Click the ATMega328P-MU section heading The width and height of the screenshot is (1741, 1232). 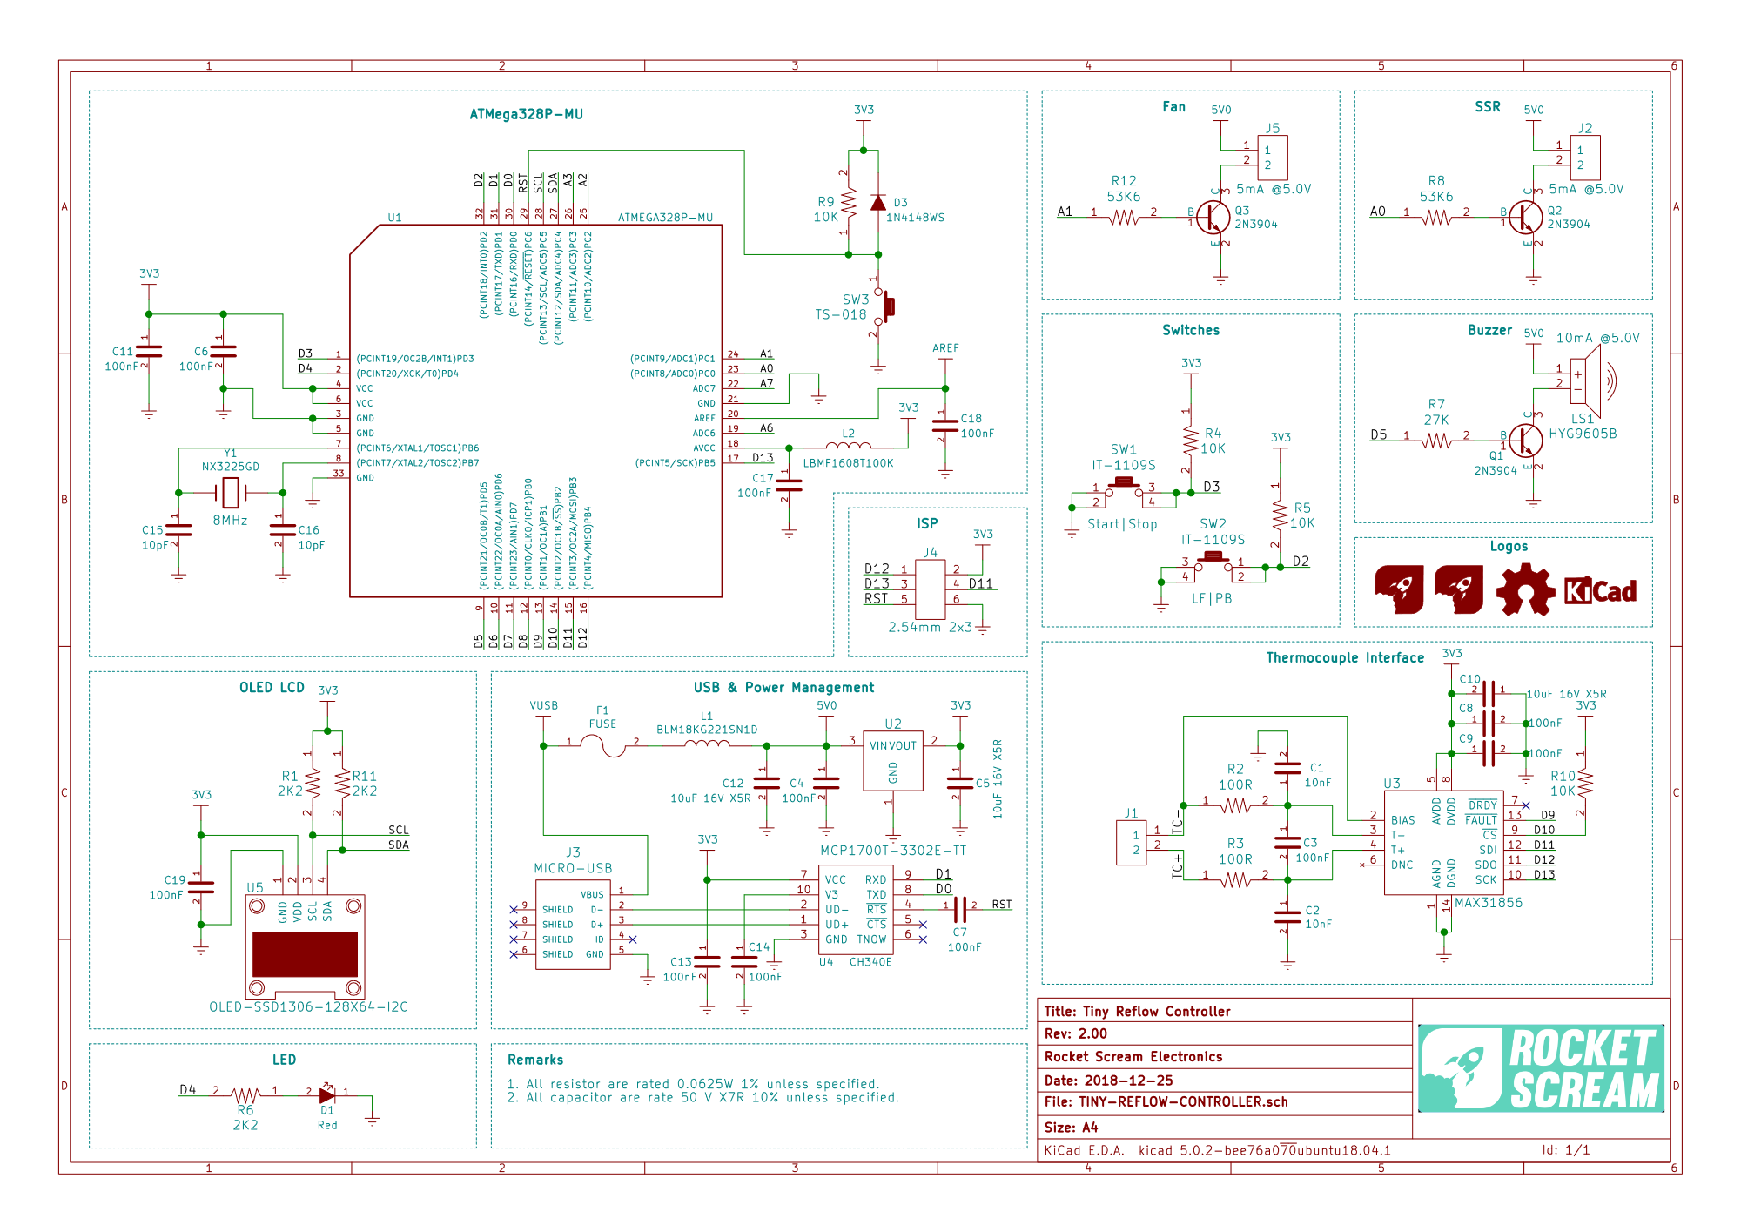click(526, 114)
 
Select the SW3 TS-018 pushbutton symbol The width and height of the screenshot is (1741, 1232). click(884, 306)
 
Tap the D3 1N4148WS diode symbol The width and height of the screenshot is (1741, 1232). click(878, 203)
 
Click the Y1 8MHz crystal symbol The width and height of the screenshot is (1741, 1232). click(230, 493)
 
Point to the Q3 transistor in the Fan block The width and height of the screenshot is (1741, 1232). click(1212, 217)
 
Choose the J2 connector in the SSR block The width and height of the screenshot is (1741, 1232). click(1584, 158)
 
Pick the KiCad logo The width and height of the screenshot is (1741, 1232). click(1600, 591)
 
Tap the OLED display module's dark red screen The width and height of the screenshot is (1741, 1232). click(305, 953)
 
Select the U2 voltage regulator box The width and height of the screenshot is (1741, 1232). click(892, 760)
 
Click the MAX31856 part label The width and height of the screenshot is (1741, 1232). click(1489, 903)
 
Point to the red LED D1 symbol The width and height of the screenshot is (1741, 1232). click(326, 1094)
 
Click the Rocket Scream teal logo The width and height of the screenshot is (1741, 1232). click(1541, 1068)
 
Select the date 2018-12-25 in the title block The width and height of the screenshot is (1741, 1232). click(1128, 1081)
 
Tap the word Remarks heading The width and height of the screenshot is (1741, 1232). click(535, 1060)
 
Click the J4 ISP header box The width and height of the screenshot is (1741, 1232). click(930, 589)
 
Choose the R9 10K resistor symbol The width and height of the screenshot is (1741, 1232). click(849, 203)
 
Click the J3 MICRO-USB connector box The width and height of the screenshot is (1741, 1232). click(573, 924)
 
